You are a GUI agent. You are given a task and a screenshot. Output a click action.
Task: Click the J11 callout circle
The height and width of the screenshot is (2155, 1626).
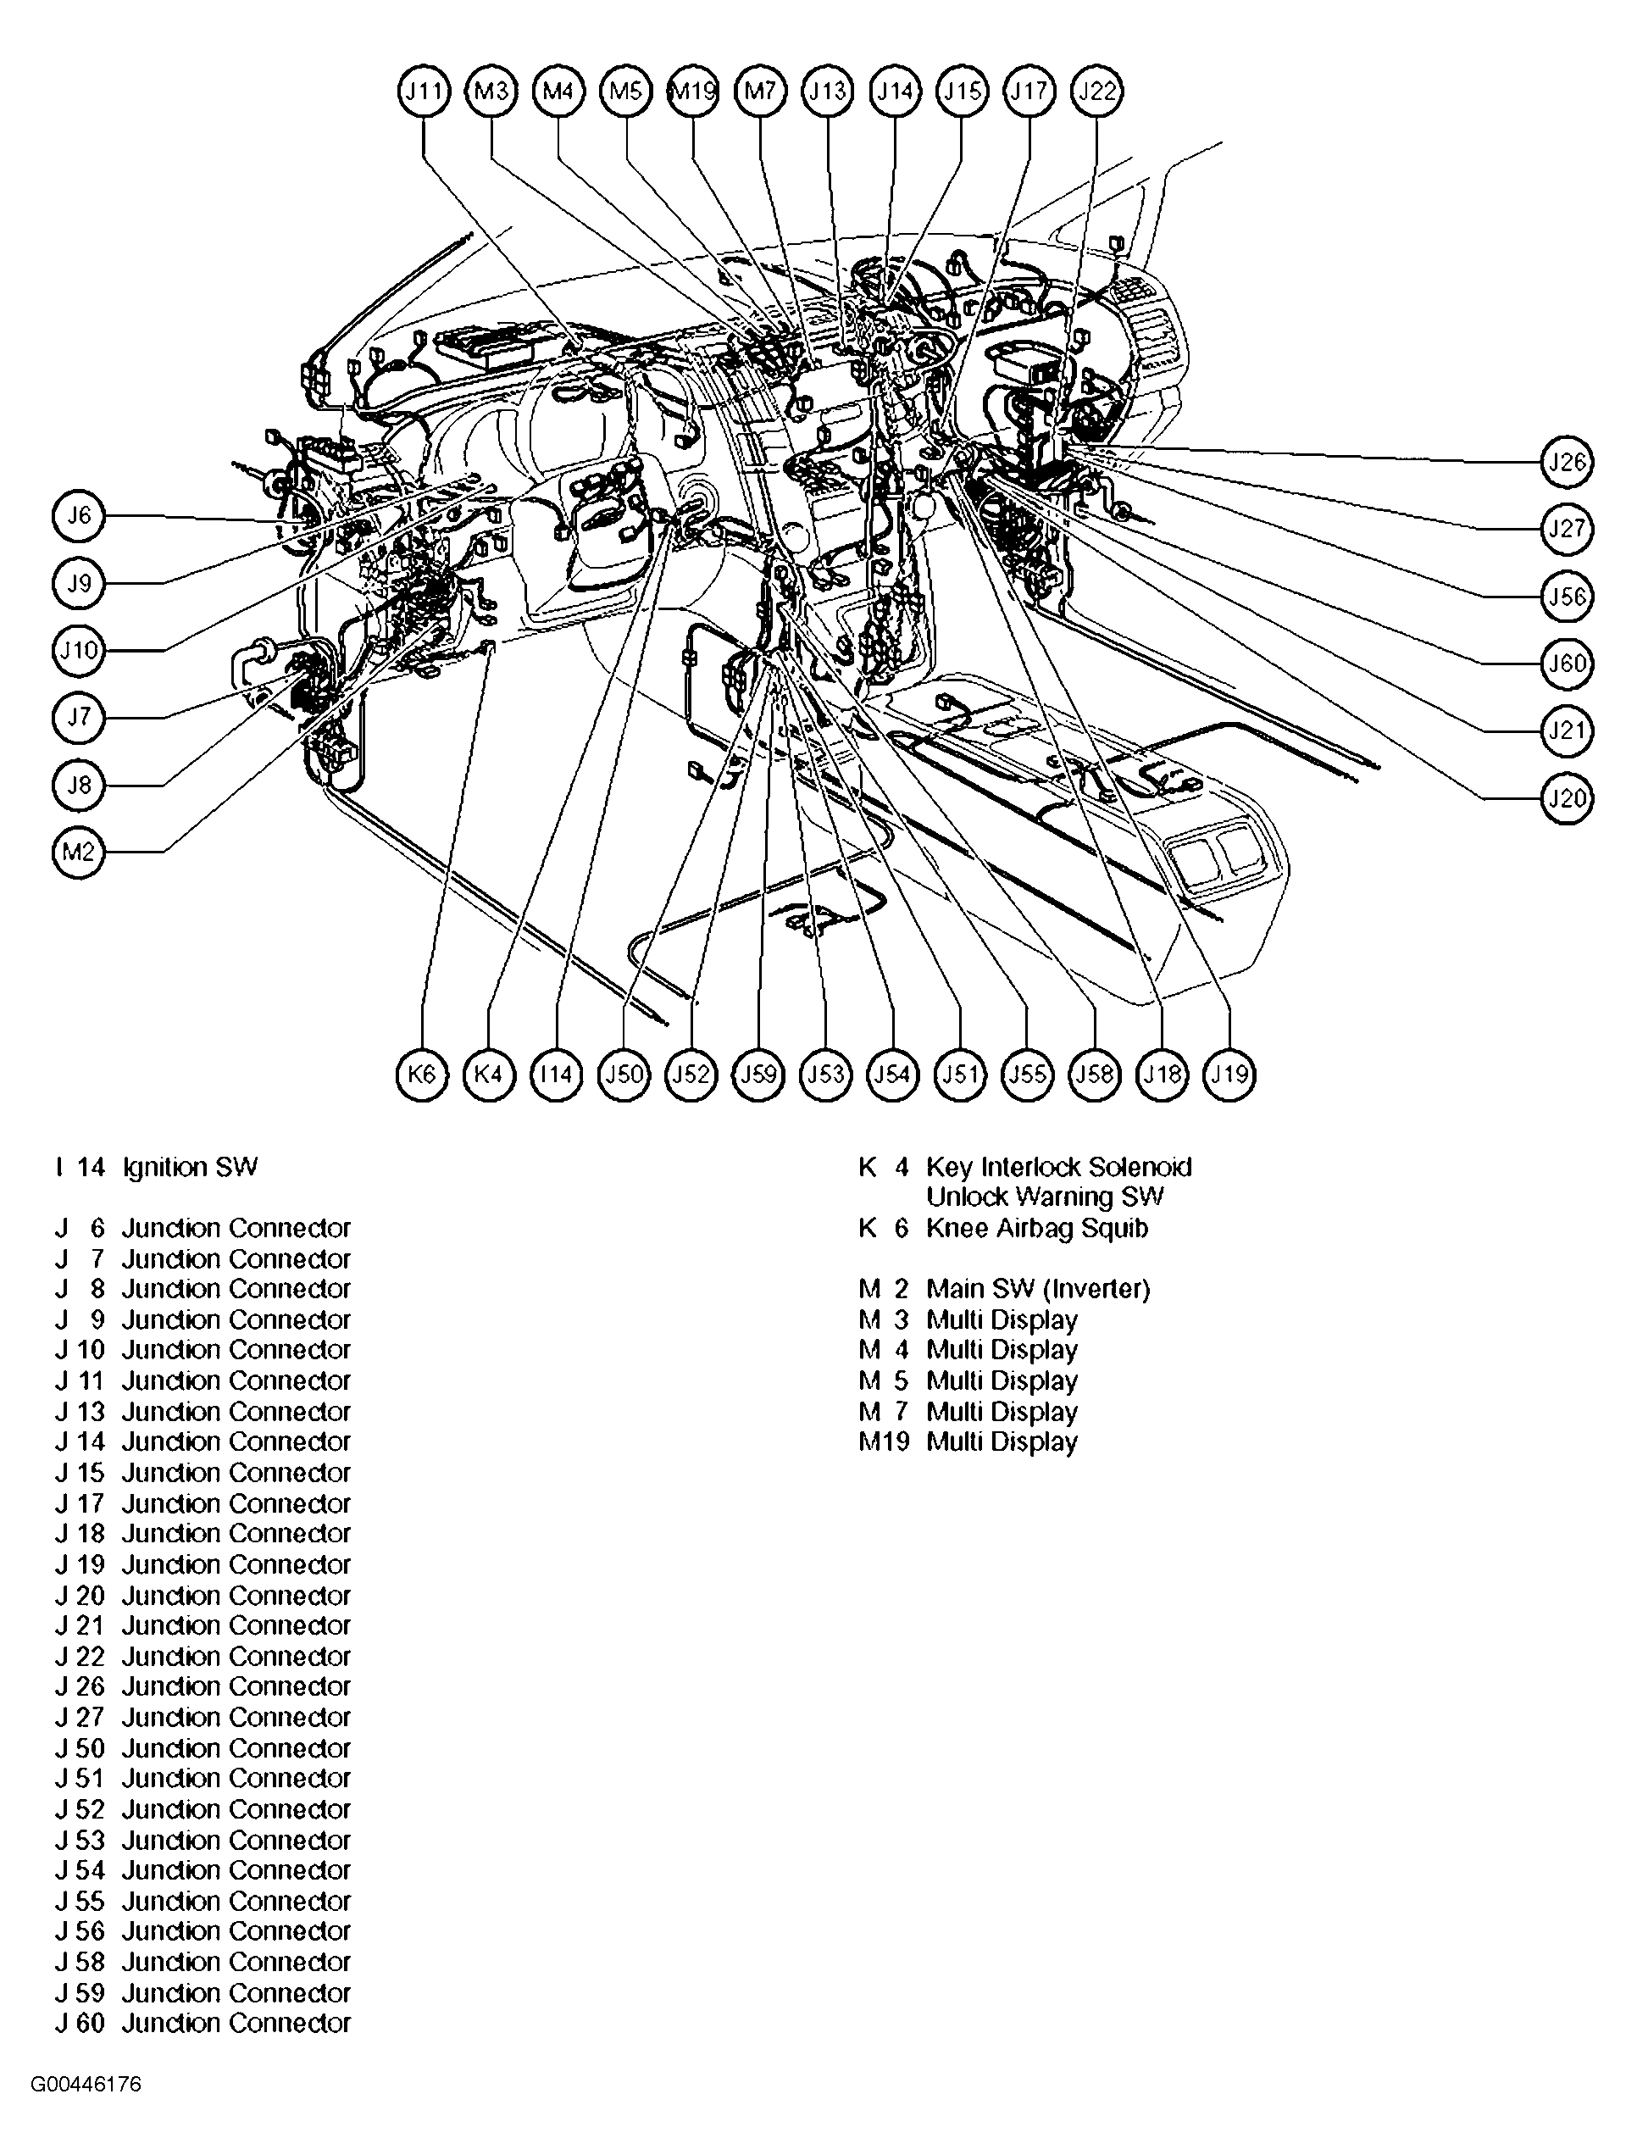pyautogui.click(x=424, y=92)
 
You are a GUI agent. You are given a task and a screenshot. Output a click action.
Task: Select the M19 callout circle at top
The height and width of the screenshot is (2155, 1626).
pyautogui.click(x=694, y=92)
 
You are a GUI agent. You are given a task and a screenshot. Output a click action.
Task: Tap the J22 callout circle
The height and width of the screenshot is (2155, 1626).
pyautogui.click(x=1097, y=92)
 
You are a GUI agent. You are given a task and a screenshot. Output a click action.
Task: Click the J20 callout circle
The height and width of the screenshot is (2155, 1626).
pyautogui.click(x=1567, y=798)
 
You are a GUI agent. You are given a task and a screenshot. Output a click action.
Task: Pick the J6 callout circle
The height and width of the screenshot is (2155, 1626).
pyautogui.click(x=78, y=515)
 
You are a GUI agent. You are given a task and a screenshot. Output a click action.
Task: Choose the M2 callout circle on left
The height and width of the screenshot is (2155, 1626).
pyautogui.click(x=78, y=853)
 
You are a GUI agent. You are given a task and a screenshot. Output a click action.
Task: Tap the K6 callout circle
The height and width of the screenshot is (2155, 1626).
pyautogui.click(x=422, y=1075)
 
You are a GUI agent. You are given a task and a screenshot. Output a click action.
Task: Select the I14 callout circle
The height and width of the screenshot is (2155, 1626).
pyautogui.click(x=557, y=1075)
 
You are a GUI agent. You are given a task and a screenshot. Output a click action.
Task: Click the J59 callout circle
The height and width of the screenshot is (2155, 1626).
pyautogui.click(x=759, y=1075)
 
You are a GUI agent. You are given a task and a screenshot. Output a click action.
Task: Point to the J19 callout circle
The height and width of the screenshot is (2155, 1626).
pyautogui.click(x=1229, y=1075)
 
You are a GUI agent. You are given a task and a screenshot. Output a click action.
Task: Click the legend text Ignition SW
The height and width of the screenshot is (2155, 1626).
pyautogui.click(x=190, y=1167)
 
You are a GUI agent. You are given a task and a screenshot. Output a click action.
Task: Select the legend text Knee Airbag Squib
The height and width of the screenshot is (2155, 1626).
pyautogui.click(x=1036, y=1228)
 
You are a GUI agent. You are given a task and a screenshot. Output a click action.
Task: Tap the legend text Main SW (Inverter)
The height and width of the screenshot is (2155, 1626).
pyautogui.click(x=1038, y=1289)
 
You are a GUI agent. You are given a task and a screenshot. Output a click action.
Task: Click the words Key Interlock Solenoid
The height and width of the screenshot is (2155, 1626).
pyautogui.click(x=1058, y=1167)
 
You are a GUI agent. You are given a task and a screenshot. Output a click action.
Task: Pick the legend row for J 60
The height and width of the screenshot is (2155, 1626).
pyautogui.click(x=203, y=2023)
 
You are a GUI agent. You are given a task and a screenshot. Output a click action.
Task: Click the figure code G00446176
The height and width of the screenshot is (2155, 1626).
pyautogui.click(x=86, y=2085)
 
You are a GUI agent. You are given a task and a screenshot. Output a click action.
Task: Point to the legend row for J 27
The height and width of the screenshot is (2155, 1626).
pyautogui.click(x=203, y=1717)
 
